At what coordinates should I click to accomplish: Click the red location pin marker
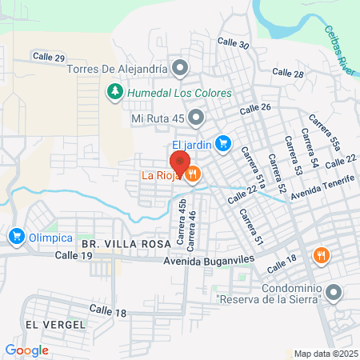pos(180,164)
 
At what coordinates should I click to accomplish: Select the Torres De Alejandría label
pos(118,69)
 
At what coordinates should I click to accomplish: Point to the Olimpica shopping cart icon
pos(16,236)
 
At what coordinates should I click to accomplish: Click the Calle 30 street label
pos(233,45)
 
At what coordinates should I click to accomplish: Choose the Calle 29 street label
pos(48,56)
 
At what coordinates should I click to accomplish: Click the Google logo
pos(26,350)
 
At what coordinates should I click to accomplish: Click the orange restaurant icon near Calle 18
pos(322,255)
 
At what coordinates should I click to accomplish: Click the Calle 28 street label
pos(288,73)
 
